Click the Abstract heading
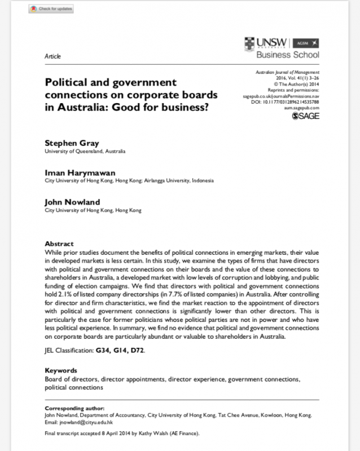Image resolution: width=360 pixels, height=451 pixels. tap(59, 244)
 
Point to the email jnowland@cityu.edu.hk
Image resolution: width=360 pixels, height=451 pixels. tap(85, 422)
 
